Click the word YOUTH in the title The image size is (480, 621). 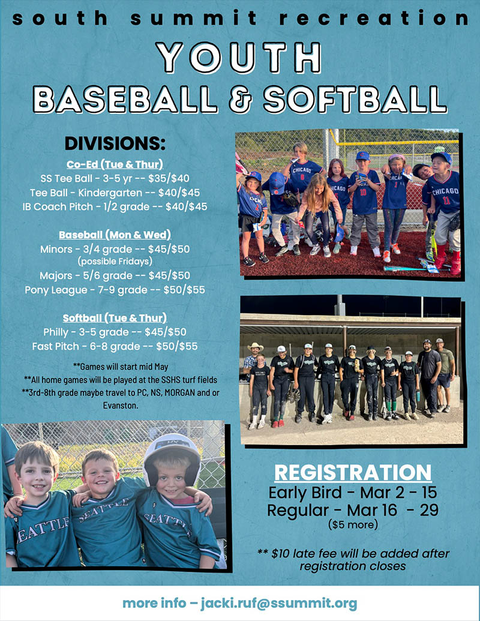(240, 59)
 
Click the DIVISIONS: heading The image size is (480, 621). (114, 144)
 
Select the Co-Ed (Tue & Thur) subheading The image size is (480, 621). (115, 164)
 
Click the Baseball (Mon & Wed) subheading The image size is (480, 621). (115, 234)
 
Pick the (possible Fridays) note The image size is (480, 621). (115, 262)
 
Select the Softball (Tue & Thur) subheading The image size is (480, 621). (115, 317)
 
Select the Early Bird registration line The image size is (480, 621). (353, 493)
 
